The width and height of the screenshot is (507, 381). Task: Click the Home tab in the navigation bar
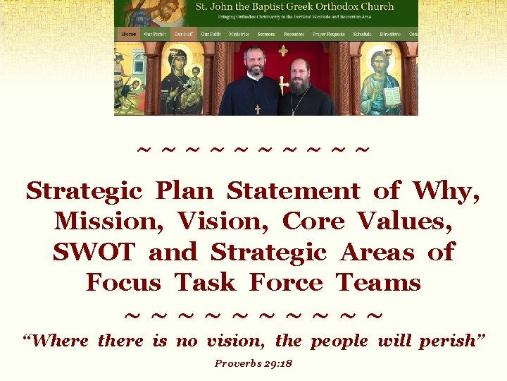[129, 34]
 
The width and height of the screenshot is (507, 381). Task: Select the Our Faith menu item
[211, 34]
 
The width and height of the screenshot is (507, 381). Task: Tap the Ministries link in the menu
[239, 34]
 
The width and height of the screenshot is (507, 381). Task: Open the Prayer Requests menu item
[330, 34]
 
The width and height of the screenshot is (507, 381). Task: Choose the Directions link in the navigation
[390, 34]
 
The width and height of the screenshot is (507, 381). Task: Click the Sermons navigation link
[266, 34]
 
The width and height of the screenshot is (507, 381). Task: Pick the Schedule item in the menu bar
[362, 34]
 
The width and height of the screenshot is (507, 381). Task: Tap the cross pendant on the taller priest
[257, 109]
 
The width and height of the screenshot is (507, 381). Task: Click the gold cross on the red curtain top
[283, 51]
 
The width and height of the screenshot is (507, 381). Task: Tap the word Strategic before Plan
[84, 190]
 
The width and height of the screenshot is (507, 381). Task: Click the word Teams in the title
[378, 282]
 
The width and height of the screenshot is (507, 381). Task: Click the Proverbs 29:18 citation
[254, 364]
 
